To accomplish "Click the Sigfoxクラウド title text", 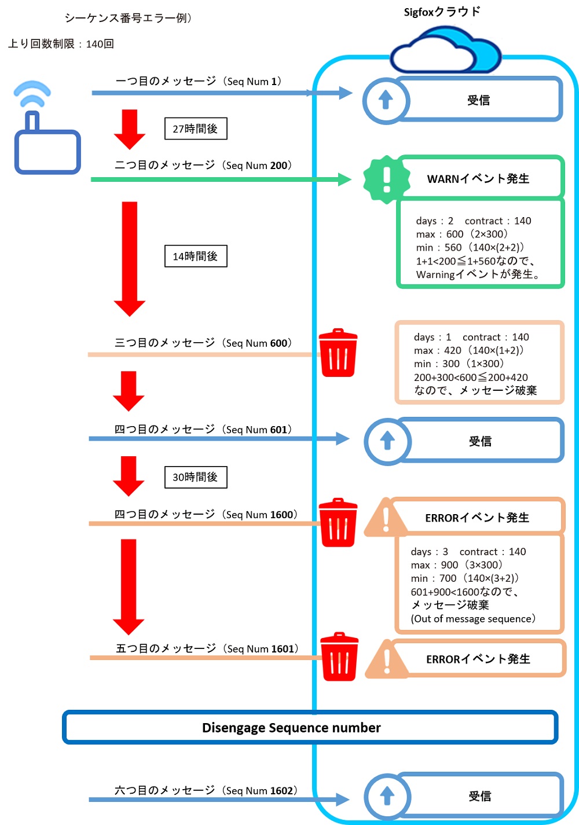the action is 442,12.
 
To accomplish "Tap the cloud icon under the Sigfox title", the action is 446,49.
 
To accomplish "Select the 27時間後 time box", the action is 196,129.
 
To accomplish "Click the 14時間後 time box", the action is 196,256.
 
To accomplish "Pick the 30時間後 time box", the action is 196,477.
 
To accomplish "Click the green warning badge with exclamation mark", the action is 386,179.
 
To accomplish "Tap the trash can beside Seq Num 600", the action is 338,353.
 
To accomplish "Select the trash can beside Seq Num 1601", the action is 339,657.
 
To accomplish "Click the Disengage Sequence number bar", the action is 310,727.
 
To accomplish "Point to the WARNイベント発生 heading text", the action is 478,179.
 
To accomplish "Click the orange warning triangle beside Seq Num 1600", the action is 386,516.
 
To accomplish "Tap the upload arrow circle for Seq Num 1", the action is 386,101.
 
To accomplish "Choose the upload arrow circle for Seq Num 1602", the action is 387,796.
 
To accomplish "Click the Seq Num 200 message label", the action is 203,165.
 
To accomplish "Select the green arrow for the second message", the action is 221,179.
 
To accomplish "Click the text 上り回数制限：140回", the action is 61,44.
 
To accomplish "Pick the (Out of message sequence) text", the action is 473,618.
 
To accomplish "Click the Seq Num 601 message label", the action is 203,429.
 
